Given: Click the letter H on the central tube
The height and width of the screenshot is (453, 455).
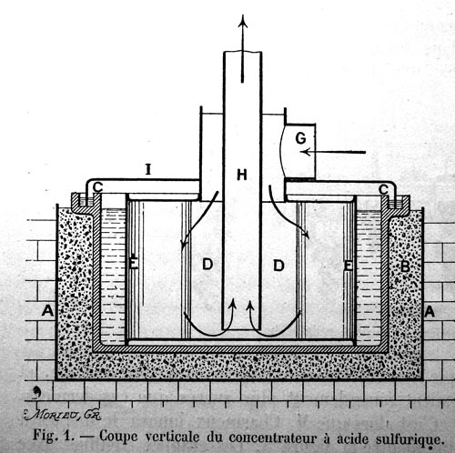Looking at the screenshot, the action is click(x=242, y=175).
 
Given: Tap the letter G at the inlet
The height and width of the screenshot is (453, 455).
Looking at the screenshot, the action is click(x=300, y=138).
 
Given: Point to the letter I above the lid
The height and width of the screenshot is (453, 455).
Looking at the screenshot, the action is click(x=148, y=169).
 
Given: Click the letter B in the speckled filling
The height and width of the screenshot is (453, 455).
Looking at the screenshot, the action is click(x=405, y=267).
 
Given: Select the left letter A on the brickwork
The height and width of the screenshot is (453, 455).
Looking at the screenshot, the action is click(x=47, y=311).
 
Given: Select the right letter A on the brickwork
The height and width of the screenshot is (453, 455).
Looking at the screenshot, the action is click(x=430, y=312).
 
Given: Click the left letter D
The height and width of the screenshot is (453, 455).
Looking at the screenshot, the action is click(x=207, y=265).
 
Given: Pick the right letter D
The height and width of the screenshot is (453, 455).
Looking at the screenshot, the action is click(x=278, y=266).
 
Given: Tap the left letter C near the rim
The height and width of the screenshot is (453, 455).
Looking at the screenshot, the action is click(x=97, y=187).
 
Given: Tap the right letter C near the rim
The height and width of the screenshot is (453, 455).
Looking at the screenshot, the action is click(x=383, y=190).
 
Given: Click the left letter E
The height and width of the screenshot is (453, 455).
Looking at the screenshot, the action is click(x=133, y=263).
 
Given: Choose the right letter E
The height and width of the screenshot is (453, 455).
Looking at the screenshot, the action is click(x=349, y=266).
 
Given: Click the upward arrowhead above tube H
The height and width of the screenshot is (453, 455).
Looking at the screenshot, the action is click(x=242, y=21).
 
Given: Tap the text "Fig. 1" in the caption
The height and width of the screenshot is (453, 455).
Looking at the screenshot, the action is click(x=54, y=436).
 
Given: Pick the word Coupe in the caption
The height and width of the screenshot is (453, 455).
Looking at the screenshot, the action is click(x=118, y=437).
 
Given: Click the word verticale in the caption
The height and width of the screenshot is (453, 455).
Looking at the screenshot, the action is click(x=172, y=437).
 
